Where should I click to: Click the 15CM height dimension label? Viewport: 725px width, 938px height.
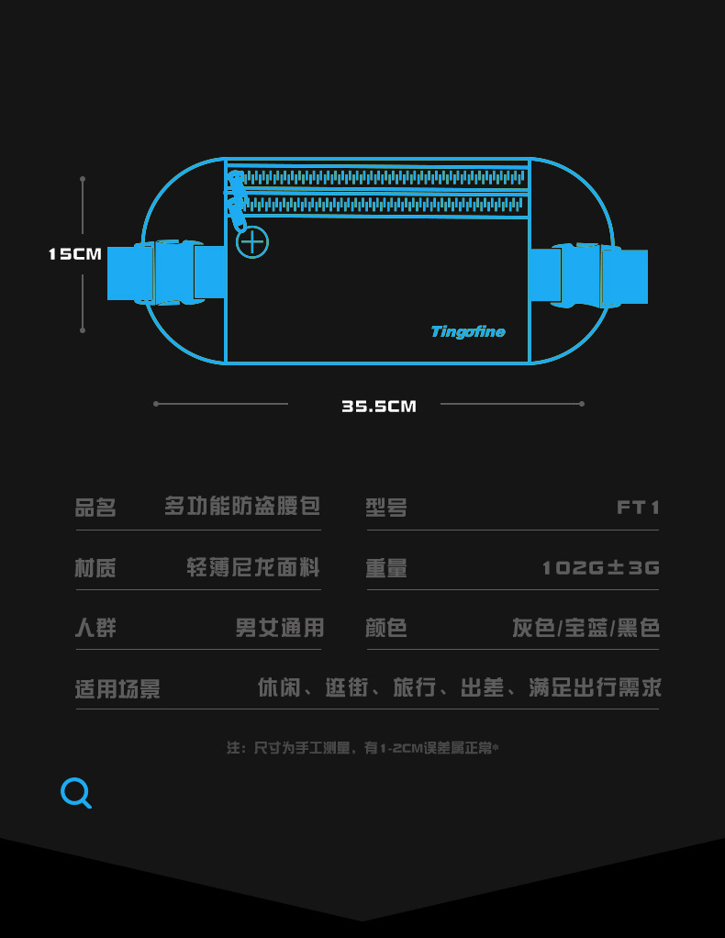click(75, 254)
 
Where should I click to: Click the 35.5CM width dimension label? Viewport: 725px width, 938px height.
click(379, 406)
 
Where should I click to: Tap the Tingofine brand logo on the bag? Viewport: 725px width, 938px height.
click(468, 331)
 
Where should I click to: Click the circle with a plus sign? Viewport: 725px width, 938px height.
click(252, 242)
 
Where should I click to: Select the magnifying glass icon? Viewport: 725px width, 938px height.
click(76, 793)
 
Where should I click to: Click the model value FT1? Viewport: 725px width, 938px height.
click(638, 508)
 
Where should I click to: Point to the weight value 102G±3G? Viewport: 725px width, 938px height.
click(600, 568)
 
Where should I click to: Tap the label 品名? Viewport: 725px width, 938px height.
click(95, 508)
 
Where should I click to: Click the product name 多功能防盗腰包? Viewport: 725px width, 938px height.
click(242, 506)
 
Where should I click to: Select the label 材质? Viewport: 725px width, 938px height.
click(95, 568)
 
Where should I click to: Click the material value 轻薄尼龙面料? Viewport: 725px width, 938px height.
click(253, 568)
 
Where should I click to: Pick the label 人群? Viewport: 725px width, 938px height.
click(95, 629)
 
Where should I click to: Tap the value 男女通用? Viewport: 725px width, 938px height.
click(279, 629)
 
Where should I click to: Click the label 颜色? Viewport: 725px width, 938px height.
click(386, 629)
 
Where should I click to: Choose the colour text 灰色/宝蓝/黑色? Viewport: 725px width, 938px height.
click(586, 629)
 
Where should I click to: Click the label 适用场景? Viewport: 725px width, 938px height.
click(117, 689)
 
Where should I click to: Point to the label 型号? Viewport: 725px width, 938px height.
click(386, 508)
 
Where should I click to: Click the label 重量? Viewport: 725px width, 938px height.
click(386, 568)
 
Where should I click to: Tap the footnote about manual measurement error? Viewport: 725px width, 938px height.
click(362, 748)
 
